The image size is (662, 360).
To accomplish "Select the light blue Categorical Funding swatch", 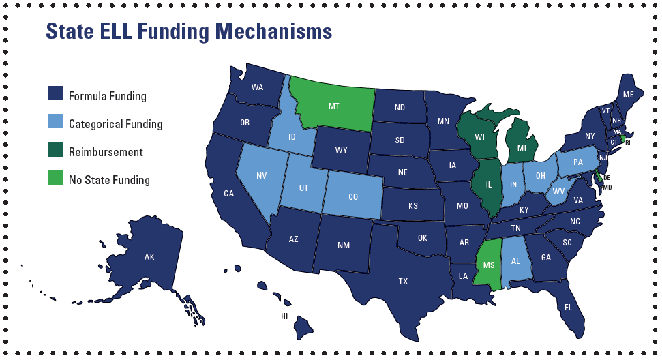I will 55,123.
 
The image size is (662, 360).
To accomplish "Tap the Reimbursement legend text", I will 106,152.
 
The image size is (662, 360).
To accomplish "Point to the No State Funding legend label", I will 109,180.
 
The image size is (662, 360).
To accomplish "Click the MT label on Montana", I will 333,106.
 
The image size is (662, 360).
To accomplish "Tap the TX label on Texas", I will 403,281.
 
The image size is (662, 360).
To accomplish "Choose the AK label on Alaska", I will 150,257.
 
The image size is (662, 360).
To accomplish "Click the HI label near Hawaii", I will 284,316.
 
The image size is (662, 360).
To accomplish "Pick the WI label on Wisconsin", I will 480,138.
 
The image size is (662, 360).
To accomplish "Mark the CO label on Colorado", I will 353,197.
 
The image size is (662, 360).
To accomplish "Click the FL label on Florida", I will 568,307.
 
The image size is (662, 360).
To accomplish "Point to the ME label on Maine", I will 628,94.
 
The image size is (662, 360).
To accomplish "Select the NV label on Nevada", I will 261,175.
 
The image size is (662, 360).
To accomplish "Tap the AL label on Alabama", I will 516,261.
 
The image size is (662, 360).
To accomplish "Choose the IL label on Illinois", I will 489,185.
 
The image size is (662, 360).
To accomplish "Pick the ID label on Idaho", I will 292,137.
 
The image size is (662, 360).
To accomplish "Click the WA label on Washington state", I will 257,87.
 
